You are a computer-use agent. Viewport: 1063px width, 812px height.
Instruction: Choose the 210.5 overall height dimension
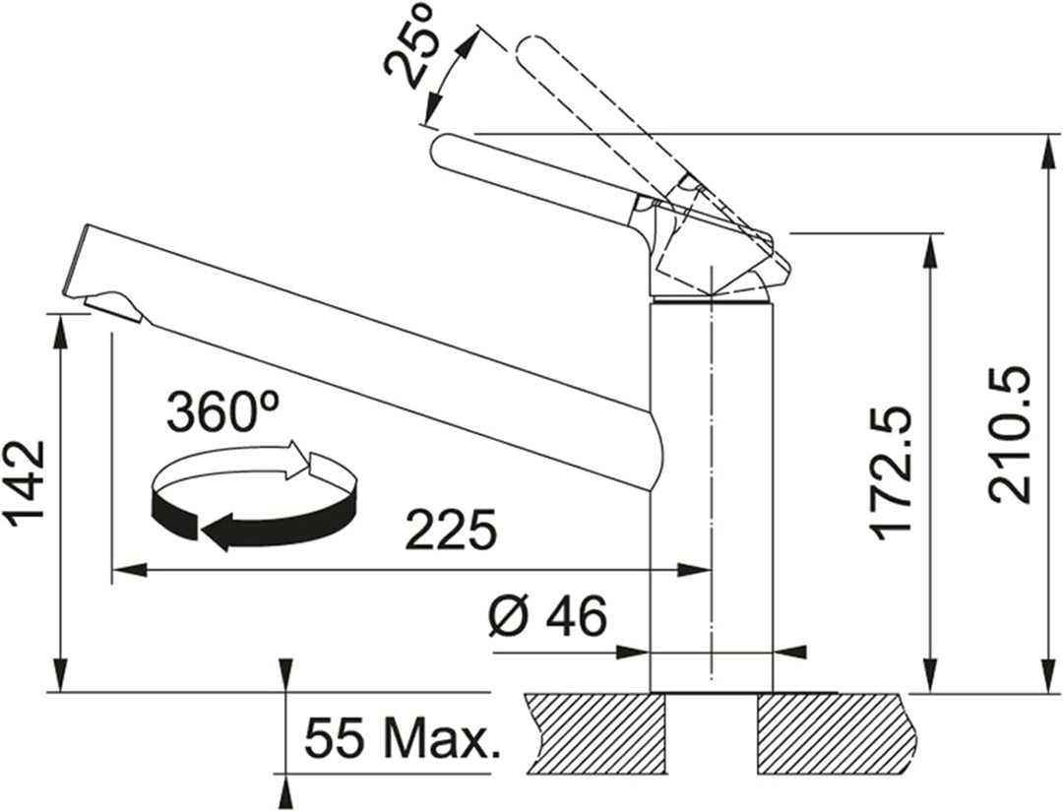(x=1010, y=434)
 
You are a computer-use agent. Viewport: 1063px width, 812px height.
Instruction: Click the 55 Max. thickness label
(x=402, y=738)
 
